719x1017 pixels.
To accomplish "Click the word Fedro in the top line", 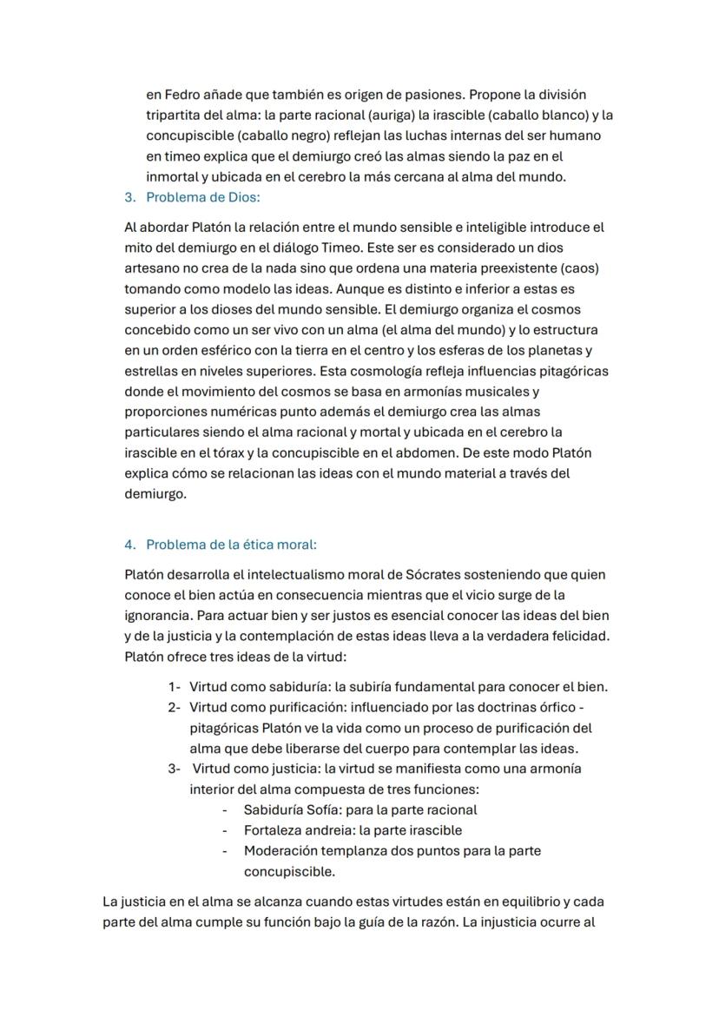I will click(x=178, y=94).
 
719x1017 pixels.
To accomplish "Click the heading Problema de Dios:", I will click(x=202, y=197).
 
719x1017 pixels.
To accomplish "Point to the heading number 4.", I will click(x=129, y=545).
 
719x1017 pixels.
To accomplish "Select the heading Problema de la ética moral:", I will click(x=231, y=545).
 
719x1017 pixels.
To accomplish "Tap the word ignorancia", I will click(x=159, y=616).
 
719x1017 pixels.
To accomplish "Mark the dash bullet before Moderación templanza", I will click(x=225, y=851).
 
